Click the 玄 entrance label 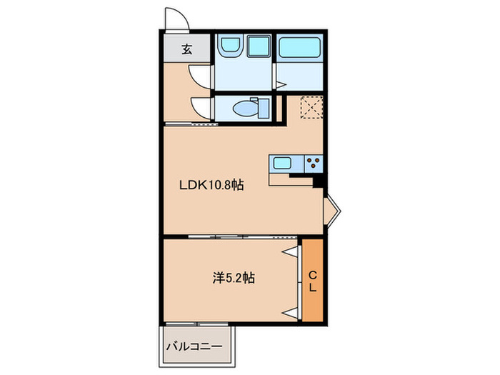click(x=186, y=49)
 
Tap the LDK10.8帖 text click(x=211, y=186)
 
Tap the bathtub click(x=301, y=48)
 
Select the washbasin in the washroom click(x=231, y=48)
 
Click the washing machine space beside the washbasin click(x=256, y=48)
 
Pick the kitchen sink click(x=281, y=162)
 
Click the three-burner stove click(x=313, y=162)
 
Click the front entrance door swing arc click(x=177, y=18)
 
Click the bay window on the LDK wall click(x=332, y=209)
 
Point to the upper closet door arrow click(x=291, y=251)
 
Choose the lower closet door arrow click(x=291, y=311)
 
